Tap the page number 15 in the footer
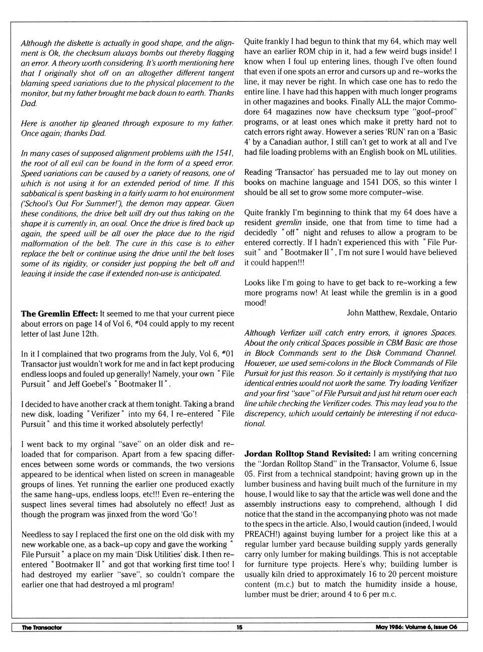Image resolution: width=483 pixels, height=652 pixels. [x=239, y=627]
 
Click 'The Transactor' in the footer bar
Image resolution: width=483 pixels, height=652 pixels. [x=42, y=627]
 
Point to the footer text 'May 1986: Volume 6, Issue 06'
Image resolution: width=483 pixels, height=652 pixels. [x=416, y=627]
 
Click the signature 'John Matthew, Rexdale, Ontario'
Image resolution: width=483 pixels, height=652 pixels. [x=401, y=313]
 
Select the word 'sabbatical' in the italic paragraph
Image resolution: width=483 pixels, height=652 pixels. [x=38, y=193]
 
